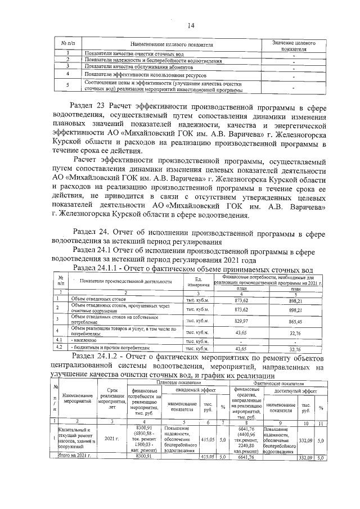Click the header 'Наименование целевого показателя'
[x=172, y=44]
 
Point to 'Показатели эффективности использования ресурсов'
[x=145, y=74]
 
